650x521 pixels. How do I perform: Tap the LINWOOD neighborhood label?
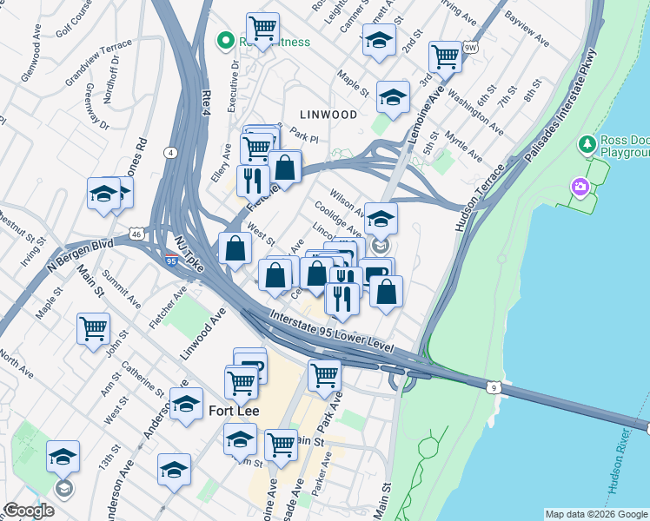(x=328, y=115)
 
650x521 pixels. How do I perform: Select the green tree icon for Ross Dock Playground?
(x=588, y=143)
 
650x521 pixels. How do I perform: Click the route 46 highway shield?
(x=136, y=234)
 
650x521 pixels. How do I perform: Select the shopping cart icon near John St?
(x=93, y=329)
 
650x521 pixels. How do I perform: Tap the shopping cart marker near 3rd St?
(x=445, y=56)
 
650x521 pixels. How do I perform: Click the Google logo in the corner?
(x=28, y=511)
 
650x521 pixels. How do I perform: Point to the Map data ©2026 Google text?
(x=596, y=514)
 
